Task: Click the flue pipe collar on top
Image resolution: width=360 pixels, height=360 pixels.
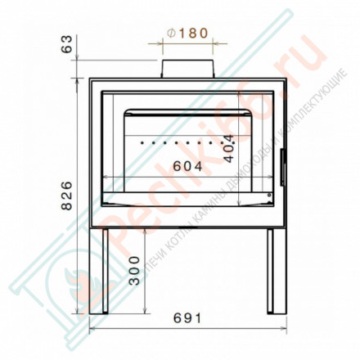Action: click(187, 69)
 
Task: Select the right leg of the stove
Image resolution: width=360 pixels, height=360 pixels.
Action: click(271, 271)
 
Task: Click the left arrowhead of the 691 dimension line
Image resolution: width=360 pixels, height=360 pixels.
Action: click(90, 328)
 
